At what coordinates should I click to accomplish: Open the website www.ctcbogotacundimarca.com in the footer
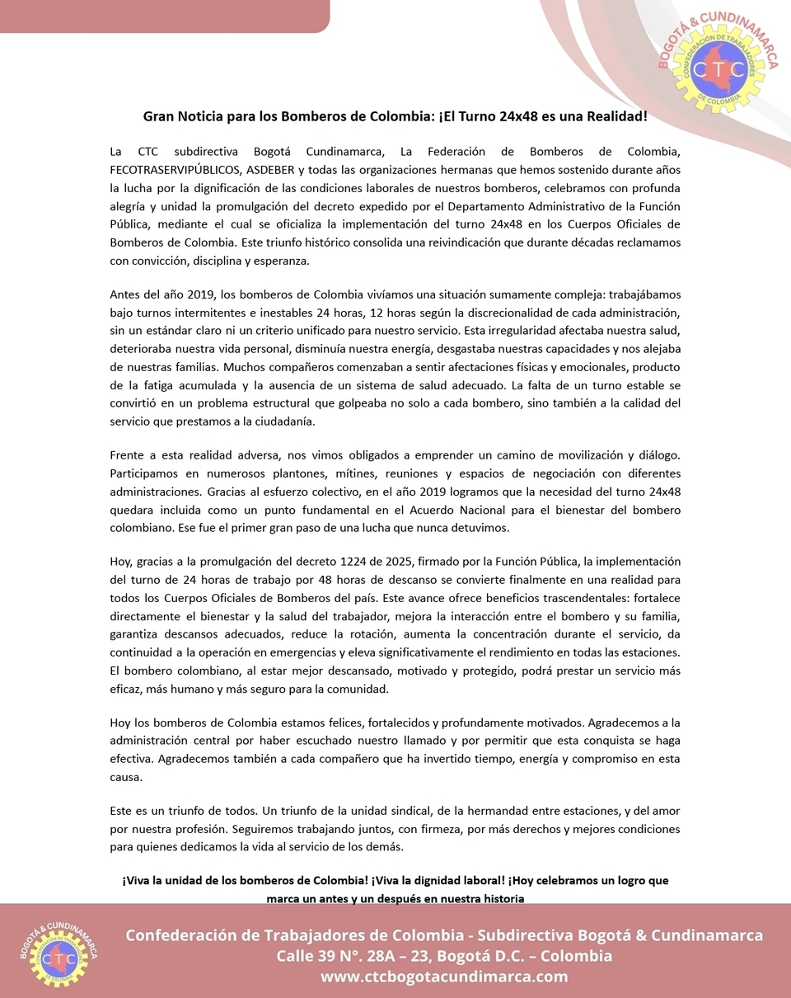tap(444, 977)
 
